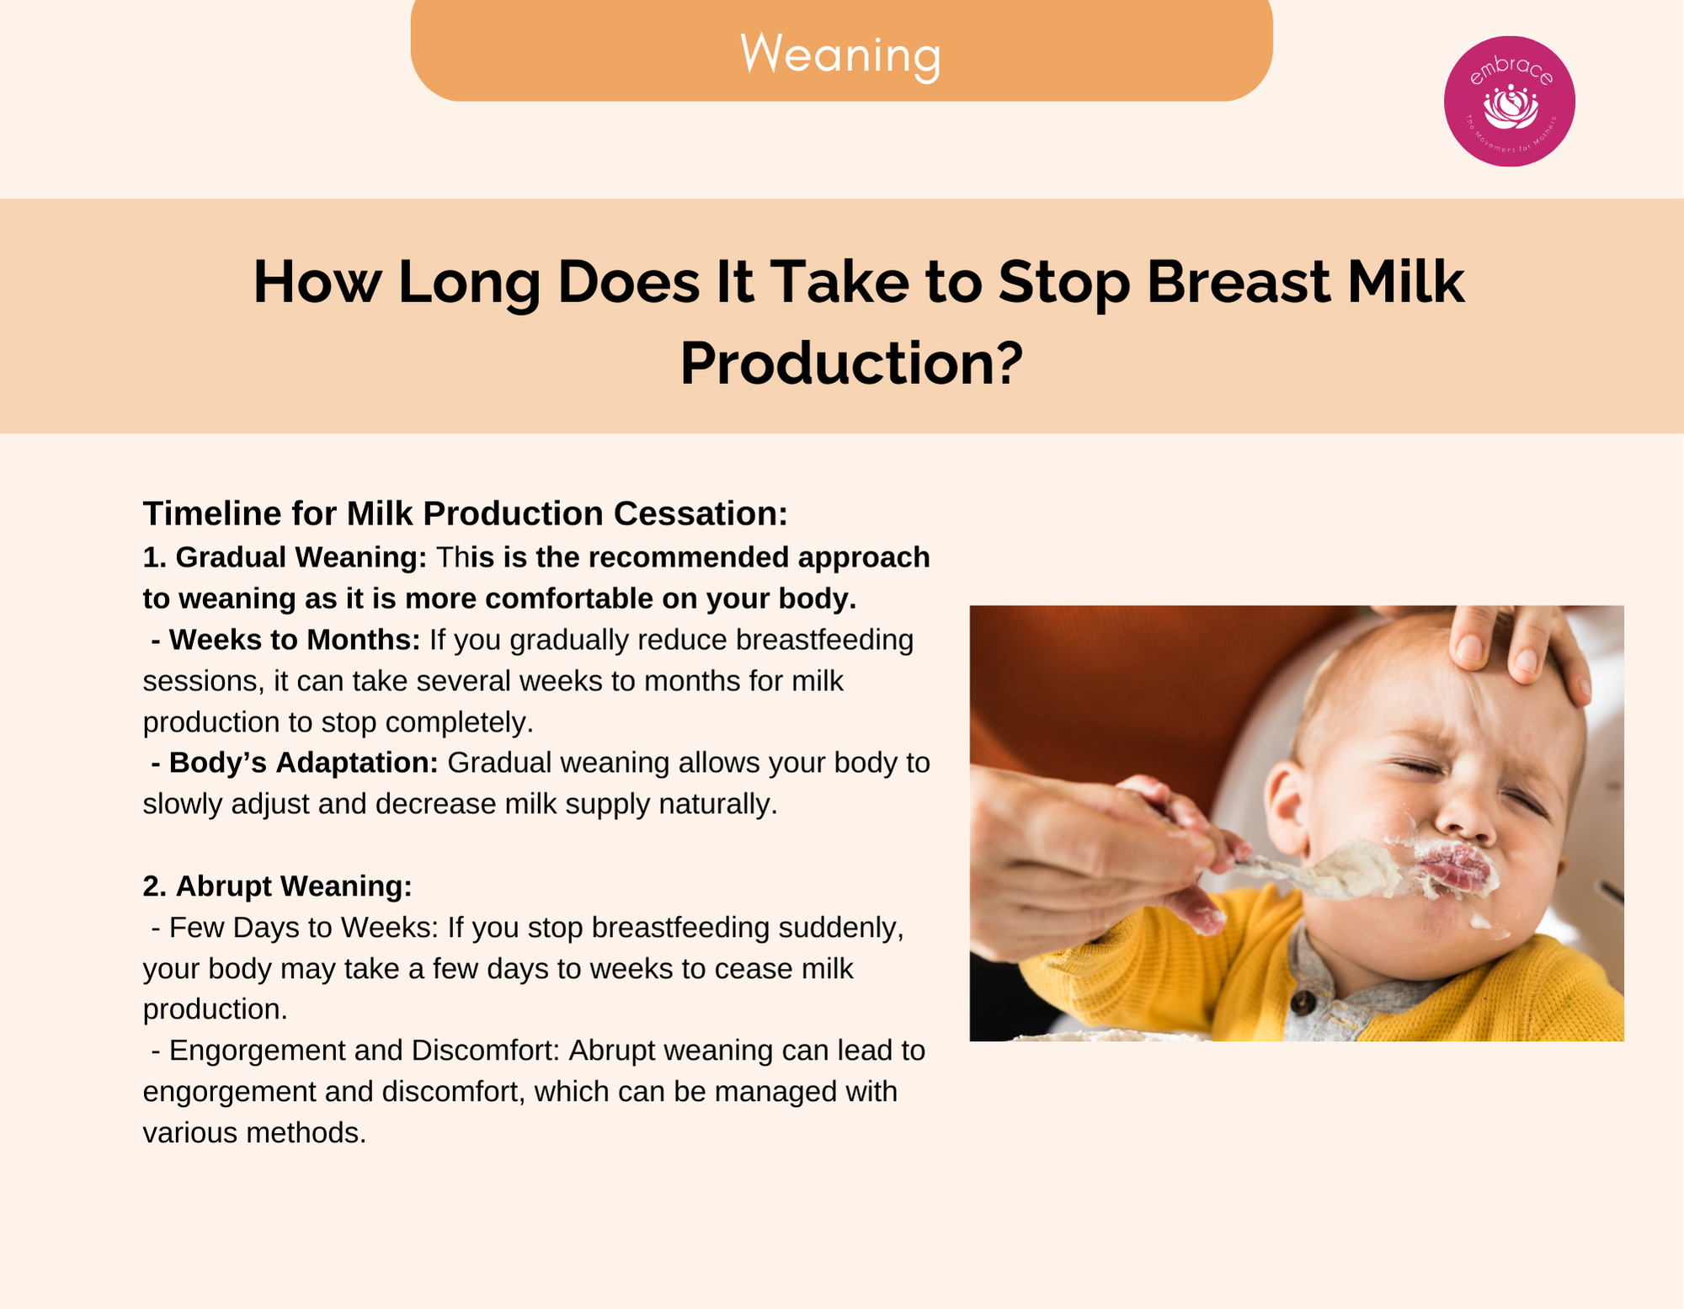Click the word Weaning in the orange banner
point(840,55)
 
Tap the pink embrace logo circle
point(1509,101)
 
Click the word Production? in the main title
point(851,364)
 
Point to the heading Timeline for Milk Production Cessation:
point(466,513)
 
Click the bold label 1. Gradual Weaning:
point(285,557)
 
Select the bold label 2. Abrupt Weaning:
point(278,886)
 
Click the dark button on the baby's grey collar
point(1303,1002)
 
